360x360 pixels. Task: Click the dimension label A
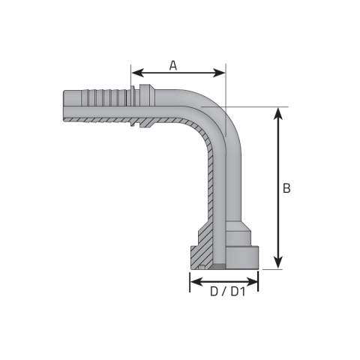[x=173, y=65]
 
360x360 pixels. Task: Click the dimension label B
[x=286, y=188]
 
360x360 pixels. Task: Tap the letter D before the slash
[x=214, y=292]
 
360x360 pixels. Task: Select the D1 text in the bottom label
[x=238, y=292]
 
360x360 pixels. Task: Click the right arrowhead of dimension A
[x=219, y=73]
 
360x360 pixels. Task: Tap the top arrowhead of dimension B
[x=278, y=114]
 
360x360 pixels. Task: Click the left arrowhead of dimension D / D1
[x=196, y=282]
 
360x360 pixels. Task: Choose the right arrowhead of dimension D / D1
[x=251, y=282]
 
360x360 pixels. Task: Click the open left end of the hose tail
[x=64, y=106]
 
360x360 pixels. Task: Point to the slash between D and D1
[x=224, y=292]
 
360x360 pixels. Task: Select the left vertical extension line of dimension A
[x=130, y=76]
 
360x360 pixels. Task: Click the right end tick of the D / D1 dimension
[x=258, y=281]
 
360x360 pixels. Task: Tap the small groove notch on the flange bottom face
[x=202, y=268]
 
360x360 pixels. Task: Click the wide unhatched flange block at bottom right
[x=242, y=258]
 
